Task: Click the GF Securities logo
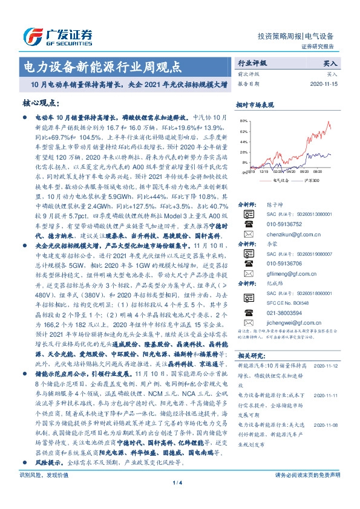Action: pos(57,34)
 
